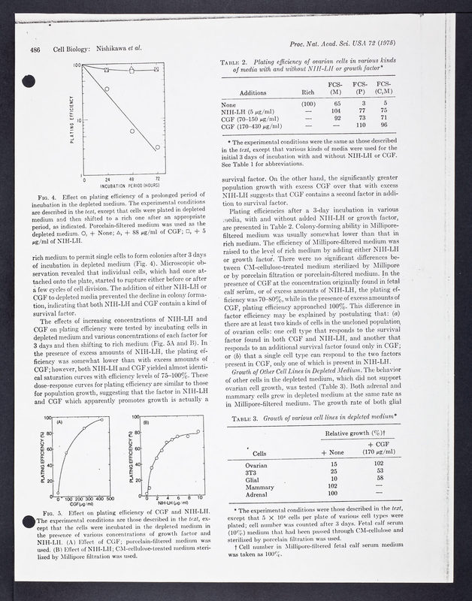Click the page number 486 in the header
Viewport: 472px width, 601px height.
tap(35, 50)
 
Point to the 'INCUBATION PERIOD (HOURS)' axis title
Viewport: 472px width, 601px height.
tap(123, 183)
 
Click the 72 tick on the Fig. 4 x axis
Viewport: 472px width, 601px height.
tap(156, 177)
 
